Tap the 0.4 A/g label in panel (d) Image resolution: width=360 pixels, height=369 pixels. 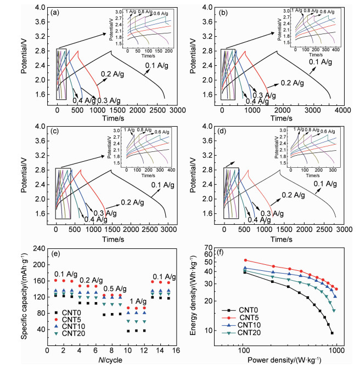click(x=260, y=220)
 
